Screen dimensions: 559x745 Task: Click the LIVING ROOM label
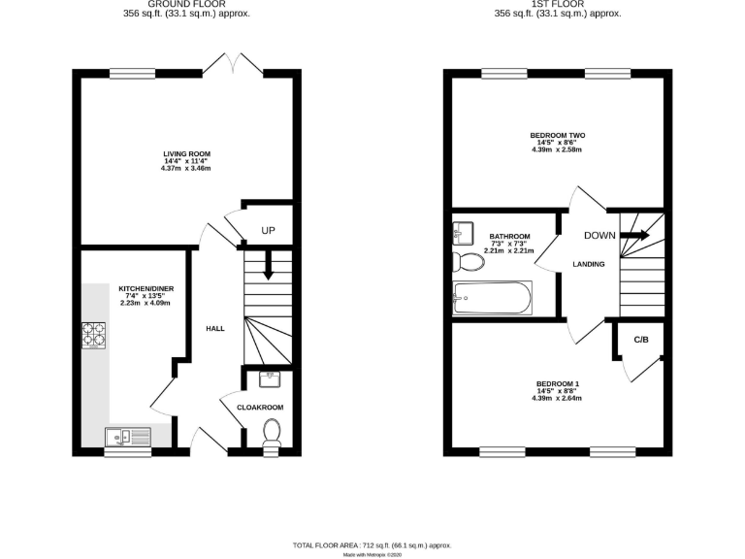pyautogui.click(x=186, y=153)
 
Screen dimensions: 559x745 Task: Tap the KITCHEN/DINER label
pyautogui.click(x=145, y=288)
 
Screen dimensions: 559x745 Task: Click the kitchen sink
pyautogui.click(x=127, y=437)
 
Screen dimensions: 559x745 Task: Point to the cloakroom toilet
pyautogui.click(x=272, y=433)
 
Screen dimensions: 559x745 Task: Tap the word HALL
pyautogui.click(x=215, y=328)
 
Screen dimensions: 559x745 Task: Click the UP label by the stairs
pyautogui.click(x=269, y=231)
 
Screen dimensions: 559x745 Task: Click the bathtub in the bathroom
pyautogui.click(x=492, y=297)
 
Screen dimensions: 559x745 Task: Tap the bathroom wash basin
pyautogui.click(x=462, y=233)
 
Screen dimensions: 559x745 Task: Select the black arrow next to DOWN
pyautogui.click(x=635, y=235)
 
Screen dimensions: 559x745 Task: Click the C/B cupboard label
pyautogui.click(x=641, y=340)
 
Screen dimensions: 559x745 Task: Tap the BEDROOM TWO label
pyautogui.click(x=557, y=135)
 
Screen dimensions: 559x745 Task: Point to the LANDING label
pyautogui.click(x=589, y=264)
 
